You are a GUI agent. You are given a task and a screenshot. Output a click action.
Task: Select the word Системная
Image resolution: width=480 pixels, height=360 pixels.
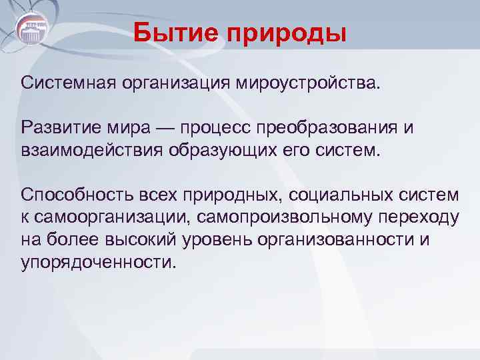(69, 84)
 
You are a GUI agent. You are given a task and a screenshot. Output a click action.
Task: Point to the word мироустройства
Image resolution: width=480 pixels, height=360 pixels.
(305, 84)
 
